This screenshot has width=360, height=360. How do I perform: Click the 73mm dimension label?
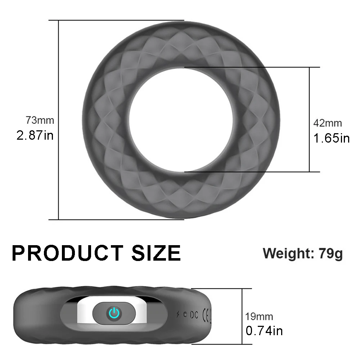(40, 120)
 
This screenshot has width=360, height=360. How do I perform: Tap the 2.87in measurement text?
(35, 135)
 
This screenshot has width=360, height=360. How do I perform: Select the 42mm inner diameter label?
(328, 123)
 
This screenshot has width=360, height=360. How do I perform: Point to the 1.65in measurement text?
(332, 138)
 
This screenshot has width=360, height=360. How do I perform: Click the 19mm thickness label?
(259, 316)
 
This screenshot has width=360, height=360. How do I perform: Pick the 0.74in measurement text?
(264, 331)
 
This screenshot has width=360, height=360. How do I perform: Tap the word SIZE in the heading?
(156, 253)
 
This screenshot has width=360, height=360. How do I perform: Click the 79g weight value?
(330, 254)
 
